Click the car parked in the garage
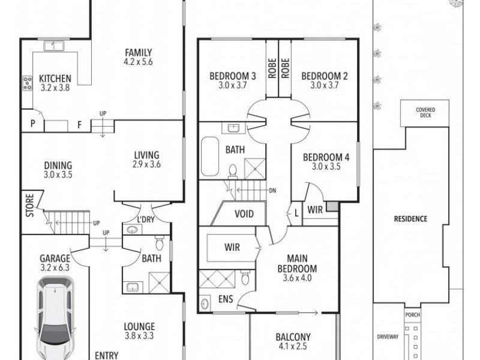coord(56,318)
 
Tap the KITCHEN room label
coord(55,79)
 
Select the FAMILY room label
coord(138,52)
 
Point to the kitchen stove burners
coord(27,83)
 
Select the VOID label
coord(244,214)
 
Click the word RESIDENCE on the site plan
coord(411,219)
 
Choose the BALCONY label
coord(292,337)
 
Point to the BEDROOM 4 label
coord(326,158)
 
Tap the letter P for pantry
coord(32,125)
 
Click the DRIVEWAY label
coord(388,337)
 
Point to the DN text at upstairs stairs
coord(272,191)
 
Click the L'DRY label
coord(146,220)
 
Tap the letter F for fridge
coord(79,125)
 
